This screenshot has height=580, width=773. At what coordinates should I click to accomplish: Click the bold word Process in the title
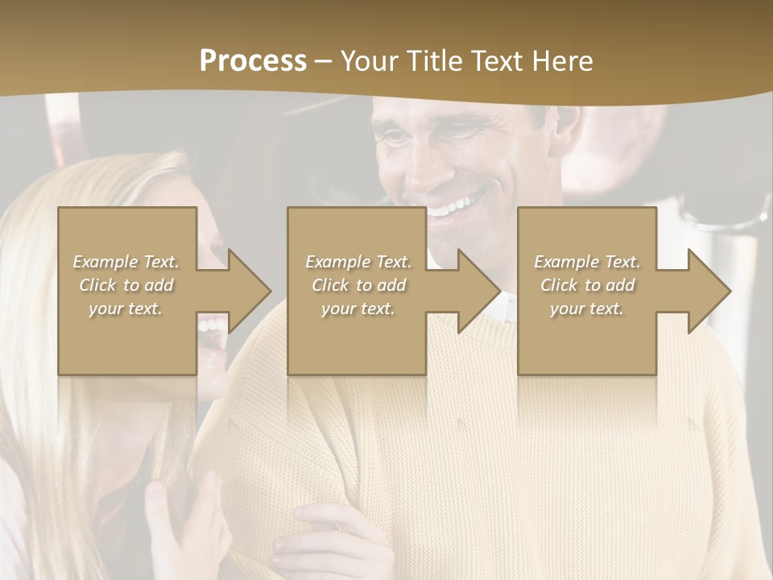(x=253, y=61)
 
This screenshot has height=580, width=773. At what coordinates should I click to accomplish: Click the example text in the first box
(x=126, y=285)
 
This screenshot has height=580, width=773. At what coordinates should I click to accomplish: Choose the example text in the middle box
(x=358, y=285)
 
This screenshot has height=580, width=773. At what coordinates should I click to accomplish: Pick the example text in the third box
(x=587, y=285)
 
